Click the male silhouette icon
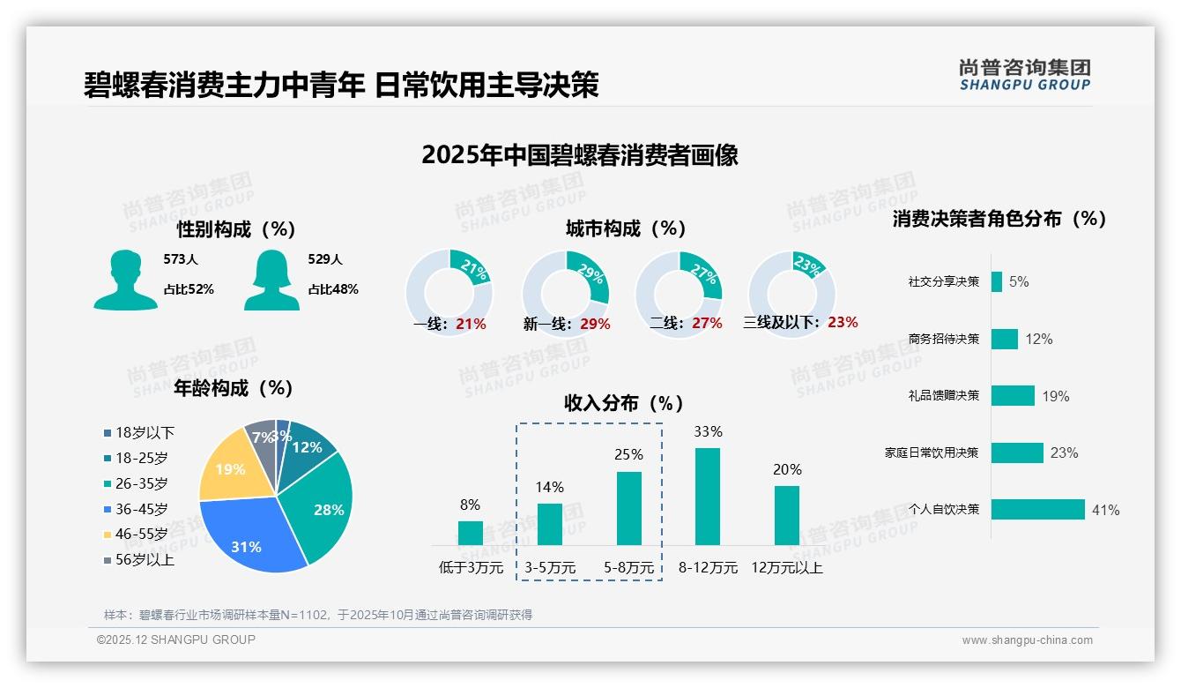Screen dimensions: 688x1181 pyautogui.click(x=126, y=280)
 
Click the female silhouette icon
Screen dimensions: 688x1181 pyautogui.click(x=271, y=280)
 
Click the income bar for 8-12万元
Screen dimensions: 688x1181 pyautogui.click(x=708, y=497)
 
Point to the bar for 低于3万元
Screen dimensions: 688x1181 pyautogui.click(x=471, y=533)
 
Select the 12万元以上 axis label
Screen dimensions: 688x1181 pyautogui.click(x=787, y=568)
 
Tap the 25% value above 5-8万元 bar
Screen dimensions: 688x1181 pyautogui.click(x=628, y=455)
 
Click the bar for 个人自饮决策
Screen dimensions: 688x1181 pyautogui.click(x=1037, y=510)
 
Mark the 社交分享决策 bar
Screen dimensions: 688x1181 pyautogui.click(x=996, y=281)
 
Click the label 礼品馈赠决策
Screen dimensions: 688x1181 pyautogui.click(x=943, y=396)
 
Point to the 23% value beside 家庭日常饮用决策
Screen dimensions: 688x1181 pyautogui.click(x=1064, y=453)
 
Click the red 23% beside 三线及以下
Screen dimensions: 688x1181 pyautogui.click(x=843, y=323)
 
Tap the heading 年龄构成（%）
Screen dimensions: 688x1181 pyautogui.click(x=234, y=388)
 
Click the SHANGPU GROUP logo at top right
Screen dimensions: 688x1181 pyautogui.click(x=1024, y=75)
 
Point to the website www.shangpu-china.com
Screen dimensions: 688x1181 pyautogui.click(x=1027, y=640)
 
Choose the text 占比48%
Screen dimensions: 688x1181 pyautogui.click(x=333, y=289)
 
